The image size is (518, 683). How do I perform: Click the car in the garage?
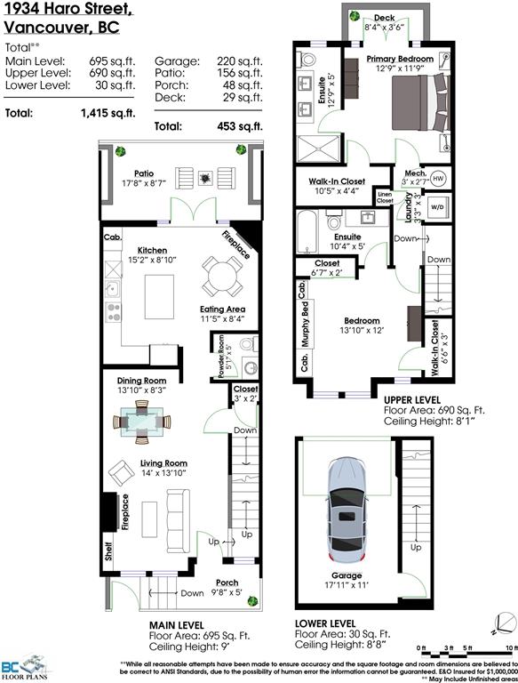[347, 510]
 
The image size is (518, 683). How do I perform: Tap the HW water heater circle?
[438, 179]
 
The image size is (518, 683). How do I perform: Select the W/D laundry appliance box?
[437, 207]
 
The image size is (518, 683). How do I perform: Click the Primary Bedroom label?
[400, 59]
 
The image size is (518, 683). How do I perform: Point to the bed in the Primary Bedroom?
[420, 102]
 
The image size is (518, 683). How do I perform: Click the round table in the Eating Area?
[222, 277]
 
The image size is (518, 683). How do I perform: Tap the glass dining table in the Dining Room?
[142, 422]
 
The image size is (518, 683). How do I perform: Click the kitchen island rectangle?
[159, 297]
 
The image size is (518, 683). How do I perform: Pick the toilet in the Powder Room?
[248, 344]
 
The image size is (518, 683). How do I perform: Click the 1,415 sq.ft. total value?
[108, 113]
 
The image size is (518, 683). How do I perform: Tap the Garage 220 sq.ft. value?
[240, 61]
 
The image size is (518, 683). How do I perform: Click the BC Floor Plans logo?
[25, 666]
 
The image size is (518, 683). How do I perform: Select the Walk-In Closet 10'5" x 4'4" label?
[337, 186]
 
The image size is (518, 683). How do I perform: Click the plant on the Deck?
[355, 16]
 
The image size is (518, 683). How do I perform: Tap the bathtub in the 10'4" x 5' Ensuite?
[307, 232]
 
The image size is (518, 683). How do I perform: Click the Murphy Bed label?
[305, 324]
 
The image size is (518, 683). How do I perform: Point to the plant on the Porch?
[252, 601]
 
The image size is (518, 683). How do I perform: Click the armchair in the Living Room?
[121, 473]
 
